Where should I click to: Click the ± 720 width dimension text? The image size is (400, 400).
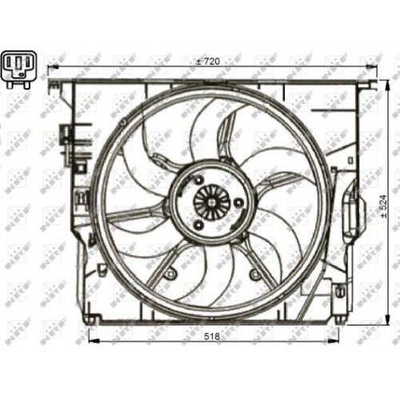click(x=210, y=62)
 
